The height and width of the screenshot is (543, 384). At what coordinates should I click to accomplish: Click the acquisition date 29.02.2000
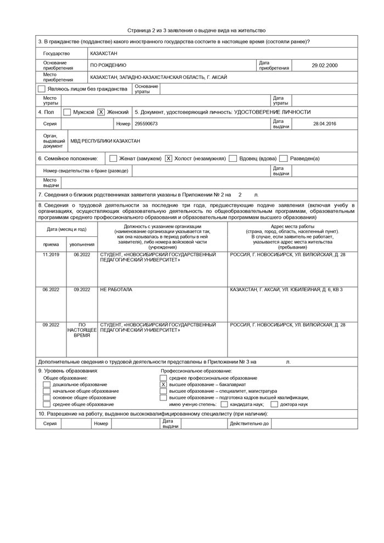324,65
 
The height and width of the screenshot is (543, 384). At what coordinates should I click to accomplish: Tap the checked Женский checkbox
101,112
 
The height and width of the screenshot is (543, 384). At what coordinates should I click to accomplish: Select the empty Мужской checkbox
67,112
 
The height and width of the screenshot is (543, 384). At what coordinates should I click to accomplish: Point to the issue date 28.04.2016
324,124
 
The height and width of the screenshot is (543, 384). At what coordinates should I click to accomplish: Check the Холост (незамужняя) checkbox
168,159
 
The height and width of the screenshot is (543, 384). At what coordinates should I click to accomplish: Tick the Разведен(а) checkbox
284,159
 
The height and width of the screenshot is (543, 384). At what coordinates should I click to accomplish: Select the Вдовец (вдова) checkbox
233,159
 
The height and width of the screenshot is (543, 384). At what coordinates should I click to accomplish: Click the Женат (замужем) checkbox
113,159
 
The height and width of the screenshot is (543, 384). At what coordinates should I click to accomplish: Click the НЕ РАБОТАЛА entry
116,290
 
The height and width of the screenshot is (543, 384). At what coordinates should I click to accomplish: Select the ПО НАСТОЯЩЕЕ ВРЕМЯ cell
82,330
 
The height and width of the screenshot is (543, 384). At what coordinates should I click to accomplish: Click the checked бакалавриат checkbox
163,384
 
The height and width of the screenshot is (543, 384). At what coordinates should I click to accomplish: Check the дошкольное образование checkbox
46,384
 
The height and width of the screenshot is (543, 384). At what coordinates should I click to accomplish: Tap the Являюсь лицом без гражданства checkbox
42,88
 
